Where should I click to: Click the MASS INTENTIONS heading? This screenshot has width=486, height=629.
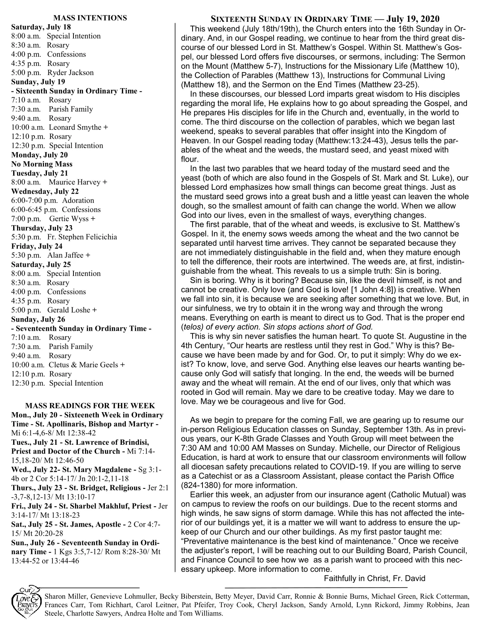pyautogui.click(x=90, y=18)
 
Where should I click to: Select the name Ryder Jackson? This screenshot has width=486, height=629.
pyautogui.click(x=71, y=73)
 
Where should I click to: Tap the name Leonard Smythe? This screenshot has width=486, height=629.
pyautogui.click(x=75, y=127)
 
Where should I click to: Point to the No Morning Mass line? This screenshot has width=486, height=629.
pyautogui.click(x=42, y=164)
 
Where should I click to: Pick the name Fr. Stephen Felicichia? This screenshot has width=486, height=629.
pyautogui.click(x=82, y=237)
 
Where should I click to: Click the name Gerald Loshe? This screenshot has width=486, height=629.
pyautogui.click(x=69, y=310)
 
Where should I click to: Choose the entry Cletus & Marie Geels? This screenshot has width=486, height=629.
pyautogui.click(x=83, y=365)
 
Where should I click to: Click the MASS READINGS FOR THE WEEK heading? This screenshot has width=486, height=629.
pyautogui.click(x=90, y=406)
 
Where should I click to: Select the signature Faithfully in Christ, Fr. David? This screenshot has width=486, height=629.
pyautogui.click(x=374, y=578)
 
